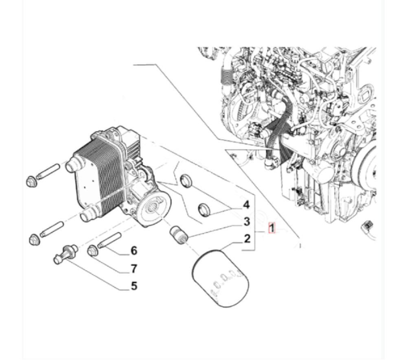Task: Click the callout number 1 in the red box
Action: [271, 228]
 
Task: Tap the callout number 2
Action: [247, 238]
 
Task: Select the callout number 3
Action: [247, 222]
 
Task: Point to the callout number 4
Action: [246, 205]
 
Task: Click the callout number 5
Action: [134, 286]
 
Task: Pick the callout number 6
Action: [134, 251]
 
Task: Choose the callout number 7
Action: [134, 268]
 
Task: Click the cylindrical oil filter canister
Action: [221, 278]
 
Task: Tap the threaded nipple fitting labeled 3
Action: [179, 235]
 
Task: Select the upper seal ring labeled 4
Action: [186, 181]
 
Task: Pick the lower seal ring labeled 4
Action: [204, 209]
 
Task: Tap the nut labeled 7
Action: [92, 251]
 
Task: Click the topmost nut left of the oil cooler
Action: [32, 181]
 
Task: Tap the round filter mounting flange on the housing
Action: [154, 209]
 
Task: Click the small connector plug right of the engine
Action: [367, 225]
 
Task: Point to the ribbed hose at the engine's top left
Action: [225, 74]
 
